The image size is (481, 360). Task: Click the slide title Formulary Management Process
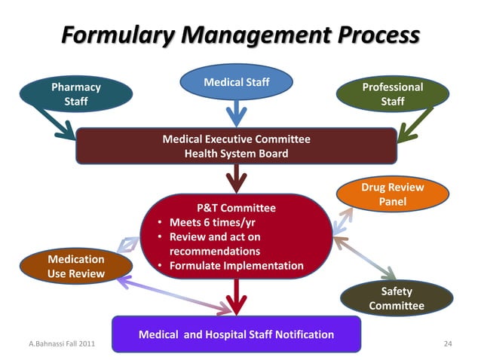(240, 35)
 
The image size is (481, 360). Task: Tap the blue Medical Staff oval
(237, 81)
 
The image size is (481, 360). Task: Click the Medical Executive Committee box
(236, 146)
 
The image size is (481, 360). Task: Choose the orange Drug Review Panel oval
(392, 194)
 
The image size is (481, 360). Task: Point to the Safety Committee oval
(397, 298)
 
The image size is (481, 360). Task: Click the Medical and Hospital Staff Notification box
(236, 334)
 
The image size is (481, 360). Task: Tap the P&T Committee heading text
(236, 208)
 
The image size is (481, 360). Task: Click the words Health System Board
(236, 154)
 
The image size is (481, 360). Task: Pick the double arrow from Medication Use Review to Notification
(173, 294)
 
